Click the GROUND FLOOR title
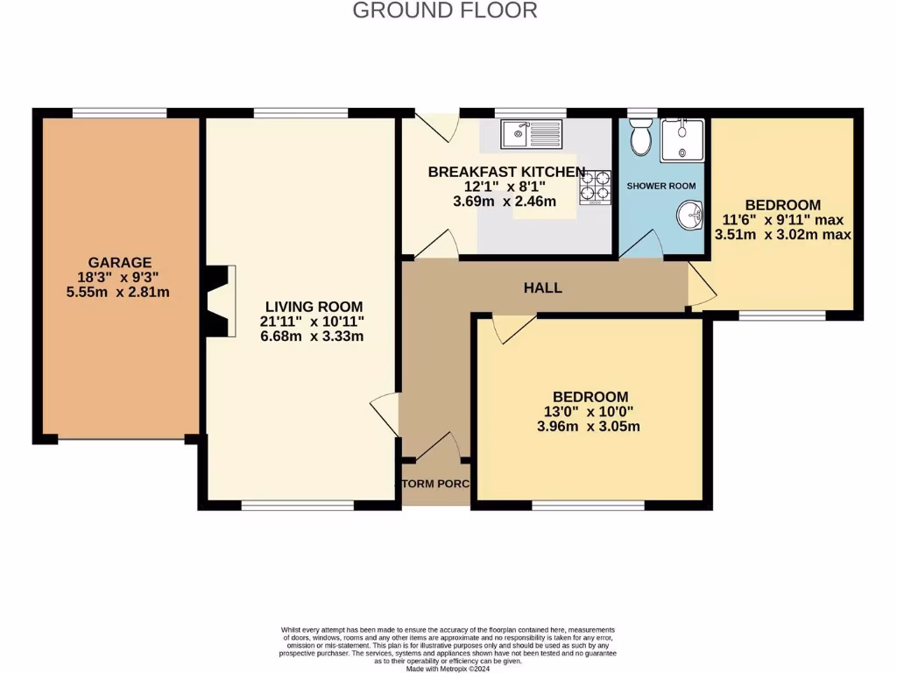[x=444, y=11]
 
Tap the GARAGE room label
[x=119, y=262]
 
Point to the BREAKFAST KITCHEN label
[x=505, y=172]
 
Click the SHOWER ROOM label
[x=661, y=186]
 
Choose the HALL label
[x=543, y=287]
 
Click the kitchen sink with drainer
[x=532, y=134]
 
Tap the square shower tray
[x=682, y=139]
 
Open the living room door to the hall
[x=386, y=413]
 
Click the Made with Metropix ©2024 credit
[x=448, y=669]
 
